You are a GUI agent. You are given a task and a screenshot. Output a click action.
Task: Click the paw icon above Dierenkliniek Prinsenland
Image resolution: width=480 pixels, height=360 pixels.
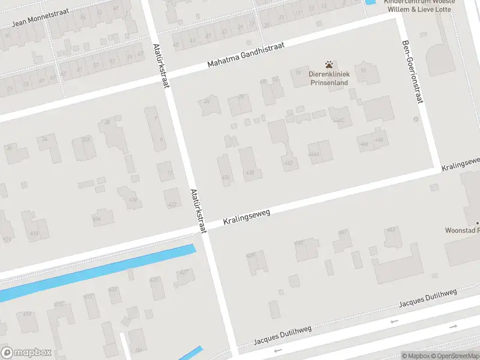coord(328,64)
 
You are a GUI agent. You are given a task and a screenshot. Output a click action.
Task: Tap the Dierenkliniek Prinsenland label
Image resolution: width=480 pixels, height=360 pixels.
coord(328,79)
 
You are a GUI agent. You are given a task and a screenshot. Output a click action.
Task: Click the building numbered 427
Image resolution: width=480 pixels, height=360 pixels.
coord(183,278)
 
